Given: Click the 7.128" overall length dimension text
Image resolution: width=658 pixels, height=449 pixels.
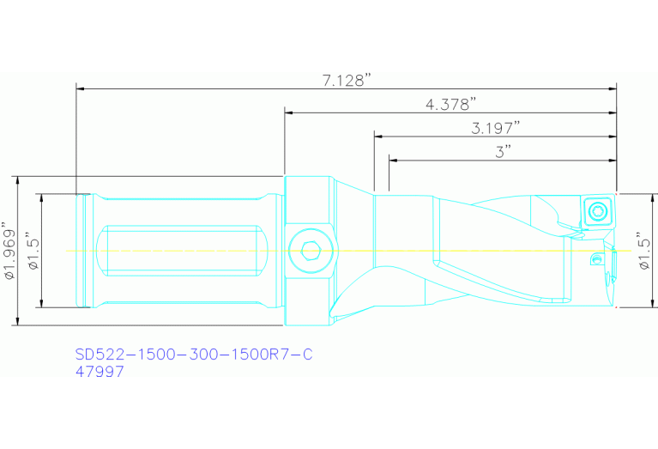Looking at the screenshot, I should click(x=346, y=80).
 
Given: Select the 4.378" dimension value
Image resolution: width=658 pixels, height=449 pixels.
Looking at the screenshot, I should click(x=450, y=104).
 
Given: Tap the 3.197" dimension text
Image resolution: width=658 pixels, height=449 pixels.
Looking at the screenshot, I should click(x=496, y=127).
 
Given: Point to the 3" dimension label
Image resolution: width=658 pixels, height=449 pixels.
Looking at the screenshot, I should click(x=503, y=151).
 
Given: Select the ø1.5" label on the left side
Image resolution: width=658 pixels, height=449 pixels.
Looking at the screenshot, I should click(x=32, y=252).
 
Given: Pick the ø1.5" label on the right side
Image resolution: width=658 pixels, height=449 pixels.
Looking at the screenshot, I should click(x=645, y=252).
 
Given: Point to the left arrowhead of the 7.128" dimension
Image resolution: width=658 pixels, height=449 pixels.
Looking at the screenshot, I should click(x=81, y=88).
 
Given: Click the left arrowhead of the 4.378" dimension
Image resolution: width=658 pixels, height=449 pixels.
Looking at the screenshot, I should click(x=290, y=112).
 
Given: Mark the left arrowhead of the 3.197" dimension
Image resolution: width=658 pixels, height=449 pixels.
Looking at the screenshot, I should click(x=378, y=135).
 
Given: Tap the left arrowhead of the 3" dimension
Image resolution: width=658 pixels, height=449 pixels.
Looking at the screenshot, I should click(x=394, y=159).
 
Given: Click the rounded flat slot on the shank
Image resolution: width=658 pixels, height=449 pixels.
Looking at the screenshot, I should click(x=180, y=252).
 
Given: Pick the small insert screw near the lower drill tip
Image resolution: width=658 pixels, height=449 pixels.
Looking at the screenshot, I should click(x=598, y=258).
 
